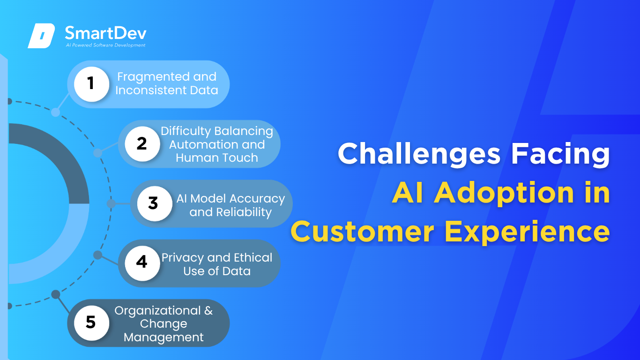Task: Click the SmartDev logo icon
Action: tap(41, 36)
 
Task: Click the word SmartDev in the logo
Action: tap(105, 33)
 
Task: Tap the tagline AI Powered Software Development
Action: tap(105, 45)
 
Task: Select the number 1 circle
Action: tap(91, 84)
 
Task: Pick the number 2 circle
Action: tap(142, 144)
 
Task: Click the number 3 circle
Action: tap(155, 203)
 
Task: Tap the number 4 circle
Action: tap(142, 263)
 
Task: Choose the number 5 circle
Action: tap(91, 323)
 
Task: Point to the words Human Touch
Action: tap(217, 157)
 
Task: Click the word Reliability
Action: tap(244, 212)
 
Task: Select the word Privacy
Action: tap(183, 258)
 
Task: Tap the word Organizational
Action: tap(158, 311)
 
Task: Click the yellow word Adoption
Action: tap(504, 193)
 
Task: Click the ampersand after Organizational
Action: tap(208, 311)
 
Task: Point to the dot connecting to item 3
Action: tap(111, 203)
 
